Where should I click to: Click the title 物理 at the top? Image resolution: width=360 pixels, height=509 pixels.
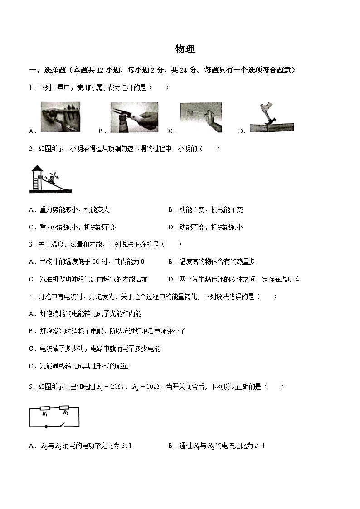pyautogui.click(x=185, y=49)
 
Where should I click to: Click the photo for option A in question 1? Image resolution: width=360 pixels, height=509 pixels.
pyautogui.click(x=60, y=117)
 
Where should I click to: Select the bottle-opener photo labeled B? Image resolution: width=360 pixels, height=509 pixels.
pyautogui.click(x=134, y=117)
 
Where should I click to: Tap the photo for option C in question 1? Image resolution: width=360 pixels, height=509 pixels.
pyautogui.click(x=201, y=117)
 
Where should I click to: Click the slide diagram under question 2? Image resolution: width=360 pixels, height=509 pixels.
pyautogui.click(x=50, y=179)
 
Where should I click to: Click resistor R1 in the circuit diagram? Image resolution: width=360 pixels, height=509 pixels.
pyautogui.click(x=45, y=408)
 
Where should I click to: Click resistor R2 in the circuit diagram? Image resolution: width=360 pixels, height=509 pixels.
pyautogui.click(x=64, y=408)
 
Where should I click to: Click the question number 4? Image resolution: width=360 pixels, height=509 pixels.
pyautogui.click(x=31, y=296)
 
